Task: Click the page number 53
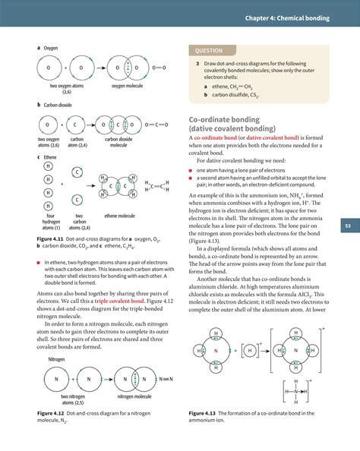(346, 225)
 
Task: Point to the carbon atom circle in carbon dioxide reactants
(75, 125)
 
